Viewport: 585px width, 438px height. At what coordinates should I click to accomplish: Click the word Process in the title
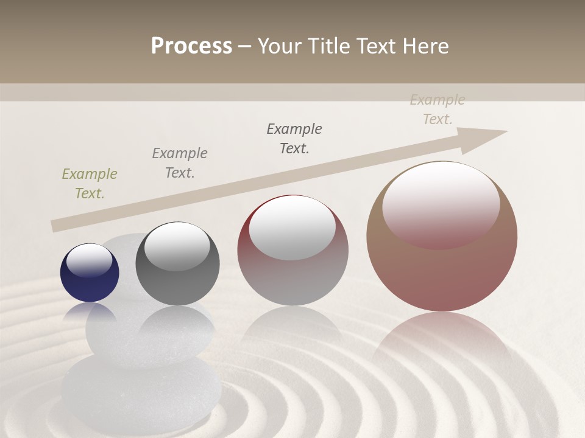[x=191, y=46]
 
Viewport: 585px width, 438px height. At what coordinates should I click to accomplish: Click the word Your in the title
[x=278, y=46]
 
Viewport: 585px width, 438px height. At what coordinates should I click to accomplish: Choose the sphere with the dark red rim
[x=292, y=268]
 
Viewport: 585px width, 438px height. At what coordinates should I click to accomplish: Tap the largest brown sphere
[x=442, y=268]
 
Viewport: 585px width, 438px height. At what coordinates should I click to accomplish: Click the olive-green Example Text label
[x=90, y=184]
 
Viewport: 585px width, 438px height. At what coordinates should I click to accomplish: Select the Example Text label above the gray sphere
[x=180, y=163]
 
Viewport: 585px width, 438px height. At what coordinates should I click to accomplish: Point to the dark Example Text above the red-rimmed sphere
[x=294, y=139]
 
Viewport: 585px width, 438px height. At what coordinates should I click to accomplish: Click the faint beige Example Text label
[x=438, y=109]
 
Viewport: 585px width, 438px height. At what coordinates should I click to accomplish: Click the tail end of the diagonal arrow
[x=56, y=226]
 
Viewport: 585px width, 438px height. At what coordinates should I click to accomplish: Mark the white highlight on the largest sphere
[x=441, y=204]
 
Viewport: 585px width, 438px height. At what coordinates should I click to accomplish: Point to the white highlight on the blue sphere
[x=89, y=260]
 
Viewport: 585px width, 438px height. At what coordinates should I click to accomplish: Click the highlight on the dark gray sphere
[x=177, y=245]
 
